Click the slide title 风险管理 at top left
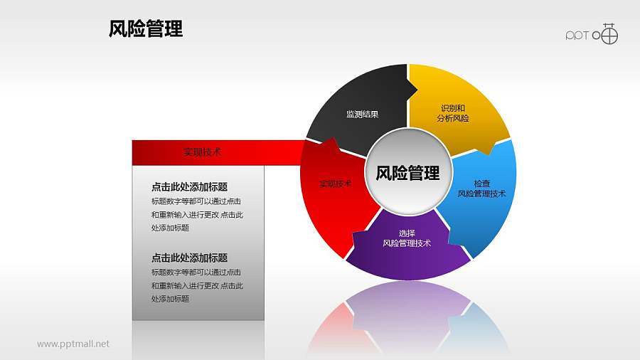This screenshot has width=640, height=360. (146, 28)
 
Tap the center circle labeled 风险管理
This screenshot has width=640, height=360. (407, 173)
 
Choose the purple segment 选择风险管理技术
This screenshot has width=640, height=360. (407, 245)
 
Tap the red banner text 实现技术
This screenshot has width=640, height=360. (203, 152)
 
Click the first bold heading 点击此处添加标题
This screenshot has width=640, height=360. (189, 187)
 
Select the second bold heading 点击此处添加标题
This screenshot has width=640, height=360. (189, 258)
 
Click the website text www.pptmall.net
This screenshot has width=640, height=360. (73, 344)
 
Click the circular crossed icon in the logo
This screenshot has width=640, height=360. (609, 34)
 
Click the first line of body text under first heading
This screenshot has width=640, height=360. (196, 201)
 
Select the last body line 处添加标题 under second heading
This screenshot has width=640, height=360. (170, 299)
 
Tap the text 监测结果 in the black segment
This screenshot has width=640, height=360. (362, 114)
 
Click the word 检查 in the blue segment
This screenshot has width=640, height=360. (481, 184)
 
